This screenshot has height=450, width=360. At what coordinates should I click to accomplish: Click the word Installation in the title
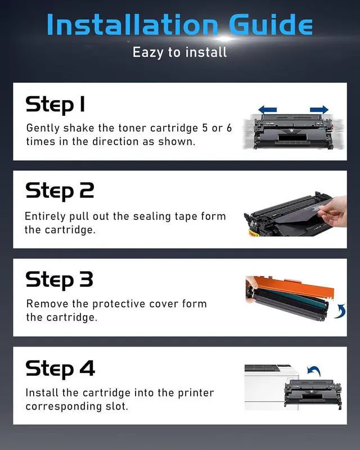(132, 25)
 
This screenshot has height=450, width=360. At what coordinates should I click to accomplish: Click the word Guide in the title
(271, 25)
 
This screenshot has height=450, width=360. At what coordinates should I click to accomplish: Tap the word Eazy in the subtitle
(148, 52)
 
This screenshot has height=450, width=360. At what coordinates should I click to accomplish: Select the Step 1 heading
(55, 105)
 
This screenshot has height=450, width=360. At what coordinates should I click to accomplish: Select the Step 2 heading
(60, 191)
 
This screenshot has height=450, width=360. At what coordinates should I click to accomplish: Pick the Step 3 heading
(60, 280)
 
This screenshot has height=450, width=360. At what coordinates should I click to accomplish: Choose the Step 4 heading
(60, 368)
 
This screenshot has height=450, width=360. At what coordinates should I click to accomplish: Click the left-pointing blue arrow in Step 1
(268, 109)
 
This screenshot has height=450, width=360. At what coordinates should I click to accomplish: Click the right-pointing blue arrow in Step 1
(319, 109)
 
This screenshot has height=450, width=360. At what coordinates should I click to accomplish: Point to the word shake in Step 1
(79, 128)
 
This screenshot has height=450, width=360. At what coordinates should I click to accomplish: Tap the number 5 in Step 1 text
(205, 128)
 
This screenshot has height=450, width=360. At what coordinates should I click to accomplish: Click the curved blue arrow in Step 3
(340, 312)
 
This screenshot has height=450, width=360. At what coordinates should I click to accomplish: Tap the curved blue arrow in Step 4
(314, 371)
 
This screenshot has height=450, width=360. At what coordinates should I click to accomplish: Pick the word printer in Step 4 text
(196, 393)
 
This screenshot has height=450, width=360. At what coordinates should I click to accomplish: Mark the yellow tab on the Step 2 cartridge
(254, 233)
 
